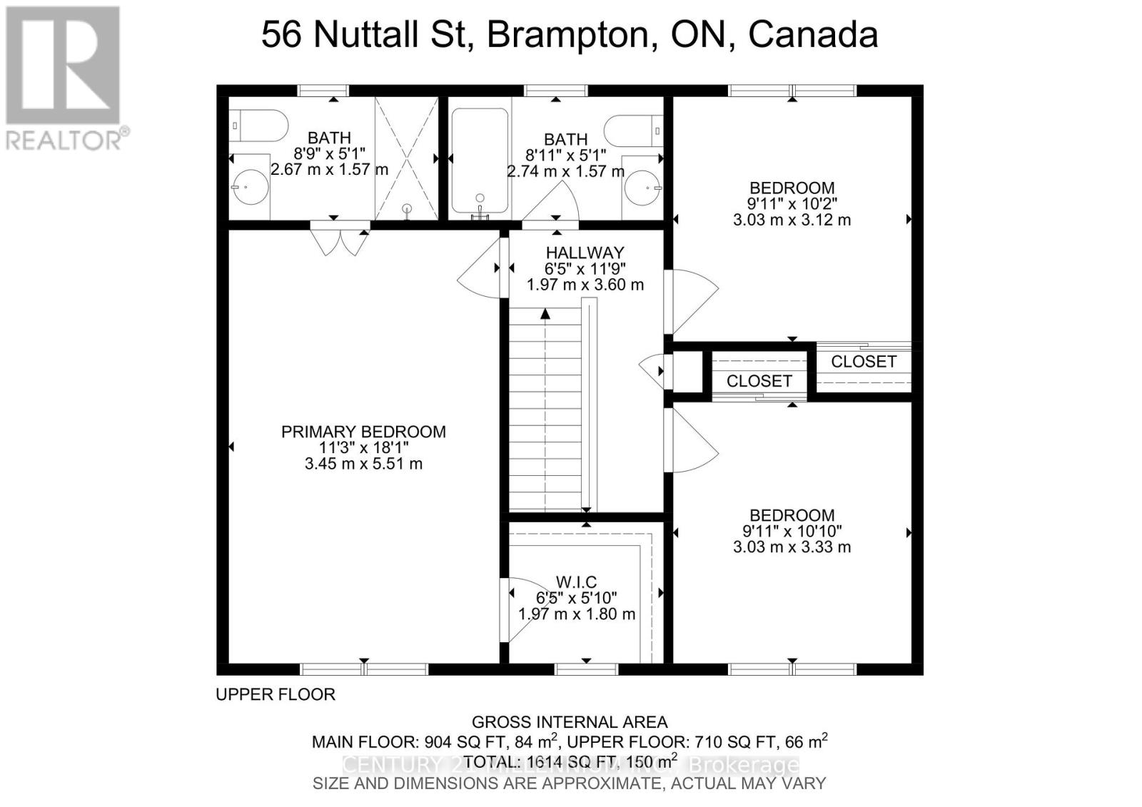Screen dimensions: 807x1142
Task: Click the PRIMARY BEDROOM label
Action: [363, 432]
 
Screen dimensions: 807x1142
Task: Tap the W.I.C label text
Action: [576, 582]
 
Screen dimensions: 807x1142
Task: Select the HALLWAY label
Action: [585, 253]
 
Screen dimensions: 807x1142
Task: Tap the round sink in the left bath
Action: [250, 187]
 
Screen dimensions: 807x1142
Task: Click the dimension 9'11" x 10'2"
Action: [792, 204]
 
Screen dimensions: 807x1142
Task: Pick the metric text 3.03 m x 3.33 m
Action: [792, 547]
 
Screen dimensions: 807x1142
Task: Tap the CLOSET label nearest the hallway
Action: [759, 381]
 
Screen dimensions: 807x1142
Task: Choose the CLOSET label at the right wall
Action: [863, 362]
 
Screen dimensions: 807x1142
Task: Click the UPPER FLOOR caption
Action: [276, 694]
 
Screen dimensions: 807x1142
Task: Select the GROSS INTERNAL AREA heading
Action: [570, 722]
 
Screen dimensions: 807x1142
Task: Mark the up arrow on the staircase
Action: [545, 313]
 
